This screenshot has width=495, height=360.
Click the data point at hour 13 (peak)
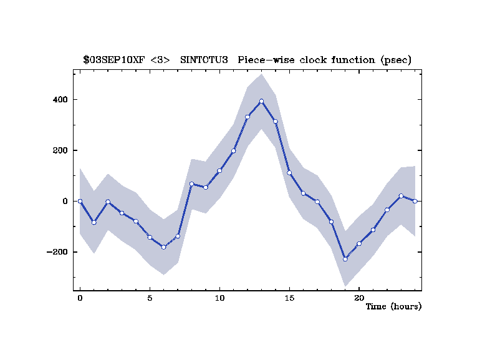click(x=261, y=101)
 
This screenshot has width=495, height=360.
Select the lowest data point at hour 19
click(x=345, y=259)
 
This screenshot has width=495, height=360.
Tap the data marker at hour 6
click(x=163, y=247)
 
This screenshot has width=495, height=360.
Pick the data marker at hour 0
click(x=80, y=201)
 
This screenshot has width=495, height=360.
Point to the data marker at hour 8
click(x=191, y=184)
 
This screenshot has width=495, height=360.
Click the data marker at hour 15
click(x=289, y=173)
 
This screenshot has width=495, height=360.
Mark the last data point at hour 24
click(x=415, y=201)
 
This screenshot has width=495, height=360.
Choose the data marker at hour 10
click(x=219, y=170)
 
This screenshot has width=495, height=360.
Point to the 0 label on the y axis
click(x=65, y=202)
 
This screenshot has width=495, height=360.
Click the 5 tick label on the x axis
click(x=150, y=298)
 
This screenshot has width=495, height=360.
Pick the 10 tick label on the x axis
click(x=219, y=298)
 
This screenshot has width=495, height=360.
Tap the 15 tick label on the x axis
click(x=289, y=298)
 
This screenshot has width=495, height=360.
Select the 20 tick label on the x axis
click(x=359, y=298)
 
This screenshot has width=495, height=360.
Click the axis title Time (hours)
click(x=393, y=306)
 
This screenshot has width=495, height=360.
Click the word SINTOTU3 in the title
click(x=205, y=61)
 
